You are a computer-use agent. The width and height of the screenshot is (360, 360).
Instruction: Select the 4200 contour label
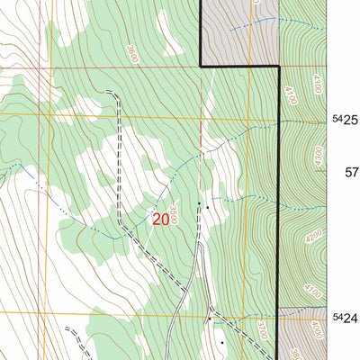313,236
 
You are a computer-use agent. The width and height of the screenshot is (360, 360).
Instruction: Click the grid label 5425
345,120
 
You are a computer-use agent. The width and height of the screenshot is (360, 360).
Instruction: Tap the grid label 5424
345,318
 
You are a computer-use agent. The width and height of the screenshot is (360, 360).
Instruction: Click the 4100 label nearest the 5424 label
312,290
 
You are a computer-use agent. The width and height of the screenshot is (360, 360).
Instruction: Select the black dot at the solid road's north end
199,203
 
